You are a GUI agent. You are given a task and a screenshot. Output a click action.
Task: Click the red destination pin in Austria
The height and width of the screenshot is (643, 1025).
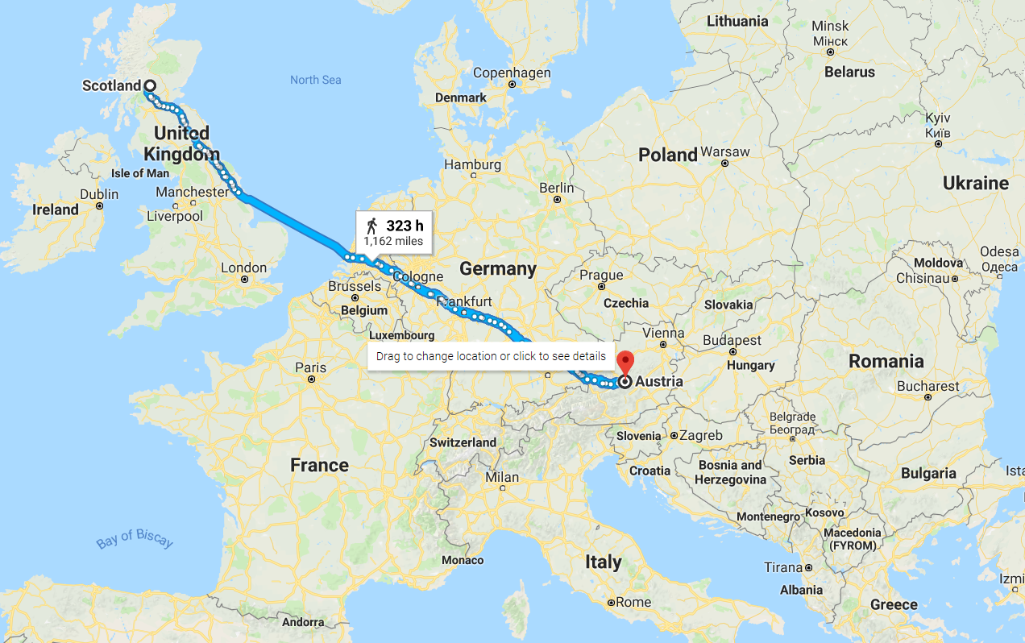point(625,360)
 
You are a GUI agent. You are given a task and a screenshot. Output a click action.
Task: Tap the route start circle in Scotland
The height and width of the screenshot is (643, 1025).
point(150,85)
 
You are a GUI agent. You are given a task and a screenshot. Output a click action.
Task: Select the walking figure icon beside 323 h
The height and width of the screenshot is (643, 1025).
point(371,226)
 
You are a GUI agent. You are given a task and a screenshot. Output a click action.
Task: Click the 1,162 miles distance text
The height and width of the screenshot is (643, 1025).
point(392,241)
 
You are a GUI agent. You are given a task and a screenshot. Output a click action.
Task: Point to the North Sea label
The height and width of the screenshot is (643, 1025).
point(316,80)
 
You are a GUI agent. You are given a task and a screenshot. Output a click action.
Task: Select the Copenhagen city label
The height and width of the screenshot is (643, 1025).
point(512,73)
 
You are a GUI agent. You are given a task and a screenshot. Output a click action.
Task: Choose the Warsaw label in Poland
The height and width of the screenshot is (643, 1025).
point(725,151)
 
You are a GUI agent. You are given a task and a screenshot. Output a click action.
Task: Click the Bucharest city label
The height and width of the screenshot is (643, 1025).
point(928,386)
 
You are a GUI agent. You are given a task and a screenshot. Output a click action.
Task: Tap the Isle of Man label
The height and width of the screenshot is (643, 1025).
point(140,173)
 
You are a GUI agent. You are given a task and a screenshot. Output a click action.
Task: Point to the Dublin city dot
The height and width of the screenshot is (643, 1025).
point(100,205)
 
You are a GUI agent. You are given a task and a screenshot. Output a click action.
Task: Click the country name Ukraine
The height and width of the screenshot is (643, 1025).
point(975,183)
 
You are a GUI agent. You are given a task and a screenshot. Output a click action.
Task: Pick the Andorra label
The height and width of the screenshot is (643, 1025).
point(303,622)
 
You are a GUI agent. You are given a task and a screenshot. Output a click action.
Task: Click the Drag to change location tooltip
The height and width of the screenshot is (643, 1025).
point(491,356)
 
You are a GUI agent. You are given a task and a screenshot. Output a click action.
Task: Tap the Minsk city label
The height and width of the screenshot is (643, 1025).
point(830,27)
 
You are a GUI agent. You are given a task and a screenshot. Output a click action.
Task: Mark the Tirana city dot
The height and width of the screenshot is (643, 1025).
point(807,567)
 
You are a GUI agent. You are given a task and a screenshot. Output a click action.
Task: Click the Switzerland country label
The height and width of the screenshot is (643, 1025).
point(463,442)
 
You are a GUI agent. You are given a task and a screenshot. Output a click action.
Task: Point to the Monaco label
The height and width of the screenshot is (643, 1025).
point(463,560)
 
